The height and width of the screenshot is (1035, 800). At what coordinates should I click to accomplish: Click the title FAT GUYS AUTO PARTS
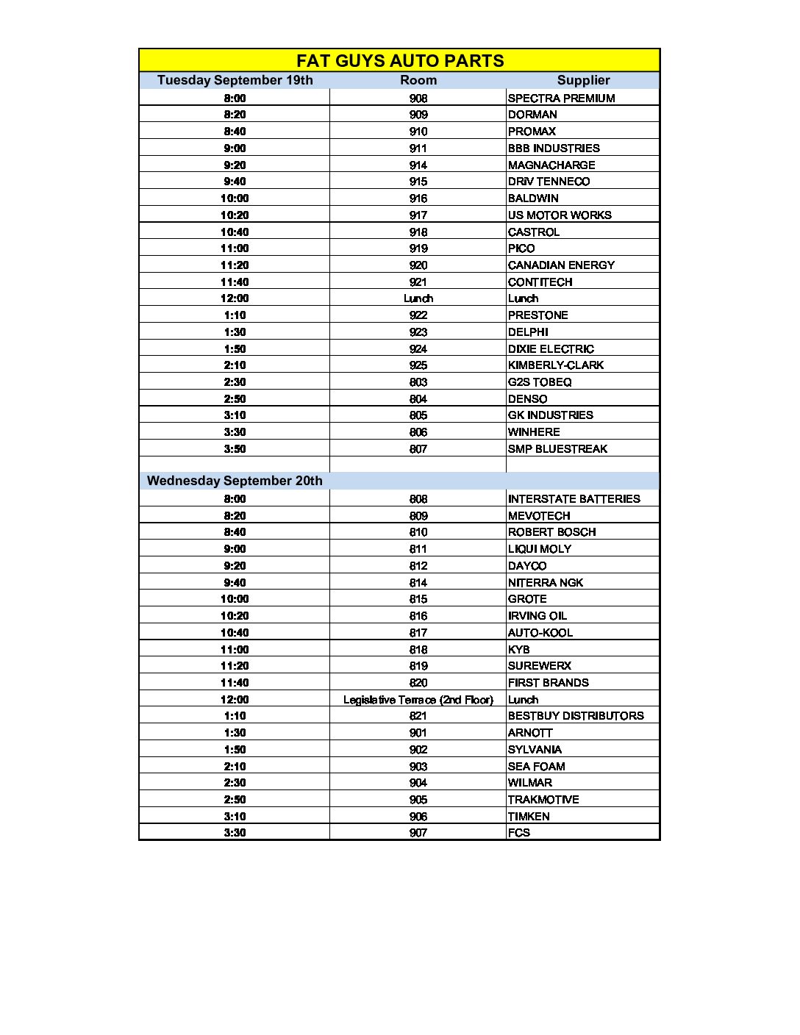[400, 60]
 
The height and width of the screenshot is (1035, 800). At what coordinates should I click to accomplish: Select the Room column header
[418, 80]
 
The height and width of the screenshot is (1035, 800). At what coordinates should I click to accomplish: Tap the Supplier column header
[583, 80]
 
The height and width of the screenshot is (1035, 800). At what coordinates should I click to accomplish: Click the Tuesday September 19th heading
[235, 80]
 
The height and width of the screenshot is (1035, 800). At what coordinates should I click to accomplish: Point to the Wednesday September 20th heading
[235, 481]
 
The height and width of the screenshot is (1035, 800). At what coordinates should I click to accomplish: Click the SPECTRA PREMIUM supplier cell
[561, 98]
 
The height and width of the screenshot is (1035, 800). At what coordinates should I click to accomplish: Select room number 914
[418, 165]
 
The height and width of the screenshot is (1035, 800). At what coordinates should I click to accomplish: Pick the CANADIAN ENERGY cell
[561, 265]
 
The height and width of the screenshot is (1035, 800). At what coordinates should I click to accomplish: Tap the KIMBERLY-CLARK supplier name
[556, 365]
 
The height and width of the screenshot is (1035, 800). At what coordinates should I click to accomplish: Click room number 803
[418, 382]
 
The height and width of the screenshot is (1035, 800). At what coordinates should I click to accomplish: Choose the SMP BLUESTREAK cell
[557, 448]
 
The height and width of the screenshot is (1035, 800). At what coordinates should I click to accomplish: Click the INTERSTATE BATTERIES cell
[574, 498]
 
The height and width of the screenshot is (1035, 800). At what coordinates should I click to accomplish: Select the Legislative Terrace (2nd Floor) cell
[418, 699]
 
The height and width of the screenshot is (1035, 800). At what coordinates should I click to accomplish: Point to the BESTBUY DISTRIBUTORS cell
[576, 715]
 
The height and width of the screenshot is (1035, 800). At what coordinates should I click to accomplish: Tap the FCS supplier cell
[519, 832]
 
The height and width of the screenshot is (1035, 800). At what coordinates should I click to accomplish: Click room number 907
[418, 832]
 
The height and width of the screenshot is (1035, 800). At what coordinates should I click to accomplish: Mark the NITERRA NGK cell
[546, 582]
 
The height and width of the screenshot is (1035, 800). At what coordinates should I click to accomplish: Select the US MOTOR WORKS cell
[560, 215]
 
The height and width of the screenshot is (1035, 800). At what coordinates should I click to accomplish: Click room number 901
[418, 732]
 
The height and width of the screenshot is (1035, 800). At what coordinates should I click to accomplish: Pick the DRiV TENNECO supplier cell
[549, 181]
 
